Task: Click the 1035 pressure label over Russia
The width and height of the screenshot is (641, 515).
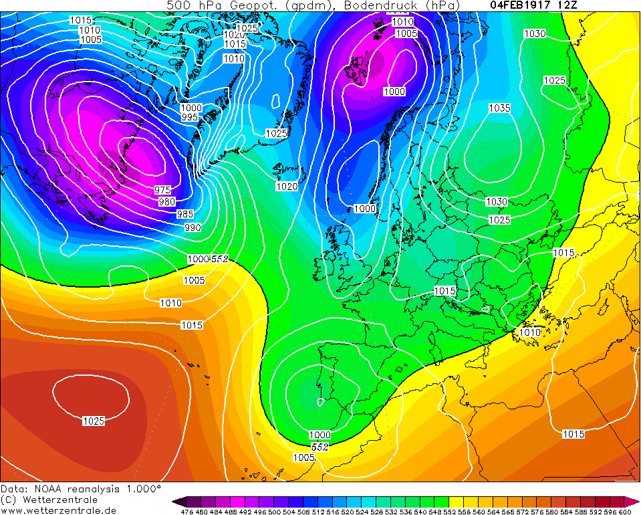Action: point(499,108)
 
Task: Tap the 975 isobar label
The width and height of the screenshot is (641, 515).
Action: point(162,191)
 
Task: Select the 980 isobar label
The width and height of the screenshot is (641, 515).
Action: point(167,202)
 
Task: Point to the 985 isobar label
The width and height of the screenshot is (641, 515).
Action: point(185,214)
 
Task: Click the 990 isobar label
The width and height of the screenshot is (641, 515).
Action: point(193,228)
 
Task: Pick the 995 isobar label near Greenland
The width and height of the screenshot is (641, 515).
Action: point(190,117)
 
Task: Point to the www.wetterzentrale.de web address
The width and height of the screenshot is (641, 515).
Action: point(56,510)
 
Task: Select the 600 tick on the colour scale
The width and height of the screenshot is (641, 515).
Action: point(624,512)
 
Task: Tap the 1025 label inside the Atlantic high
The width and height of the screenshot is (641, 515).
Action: point(93,421)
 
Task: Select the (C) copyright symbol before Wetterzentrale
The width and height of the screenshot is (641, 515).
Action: point(9,500)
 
